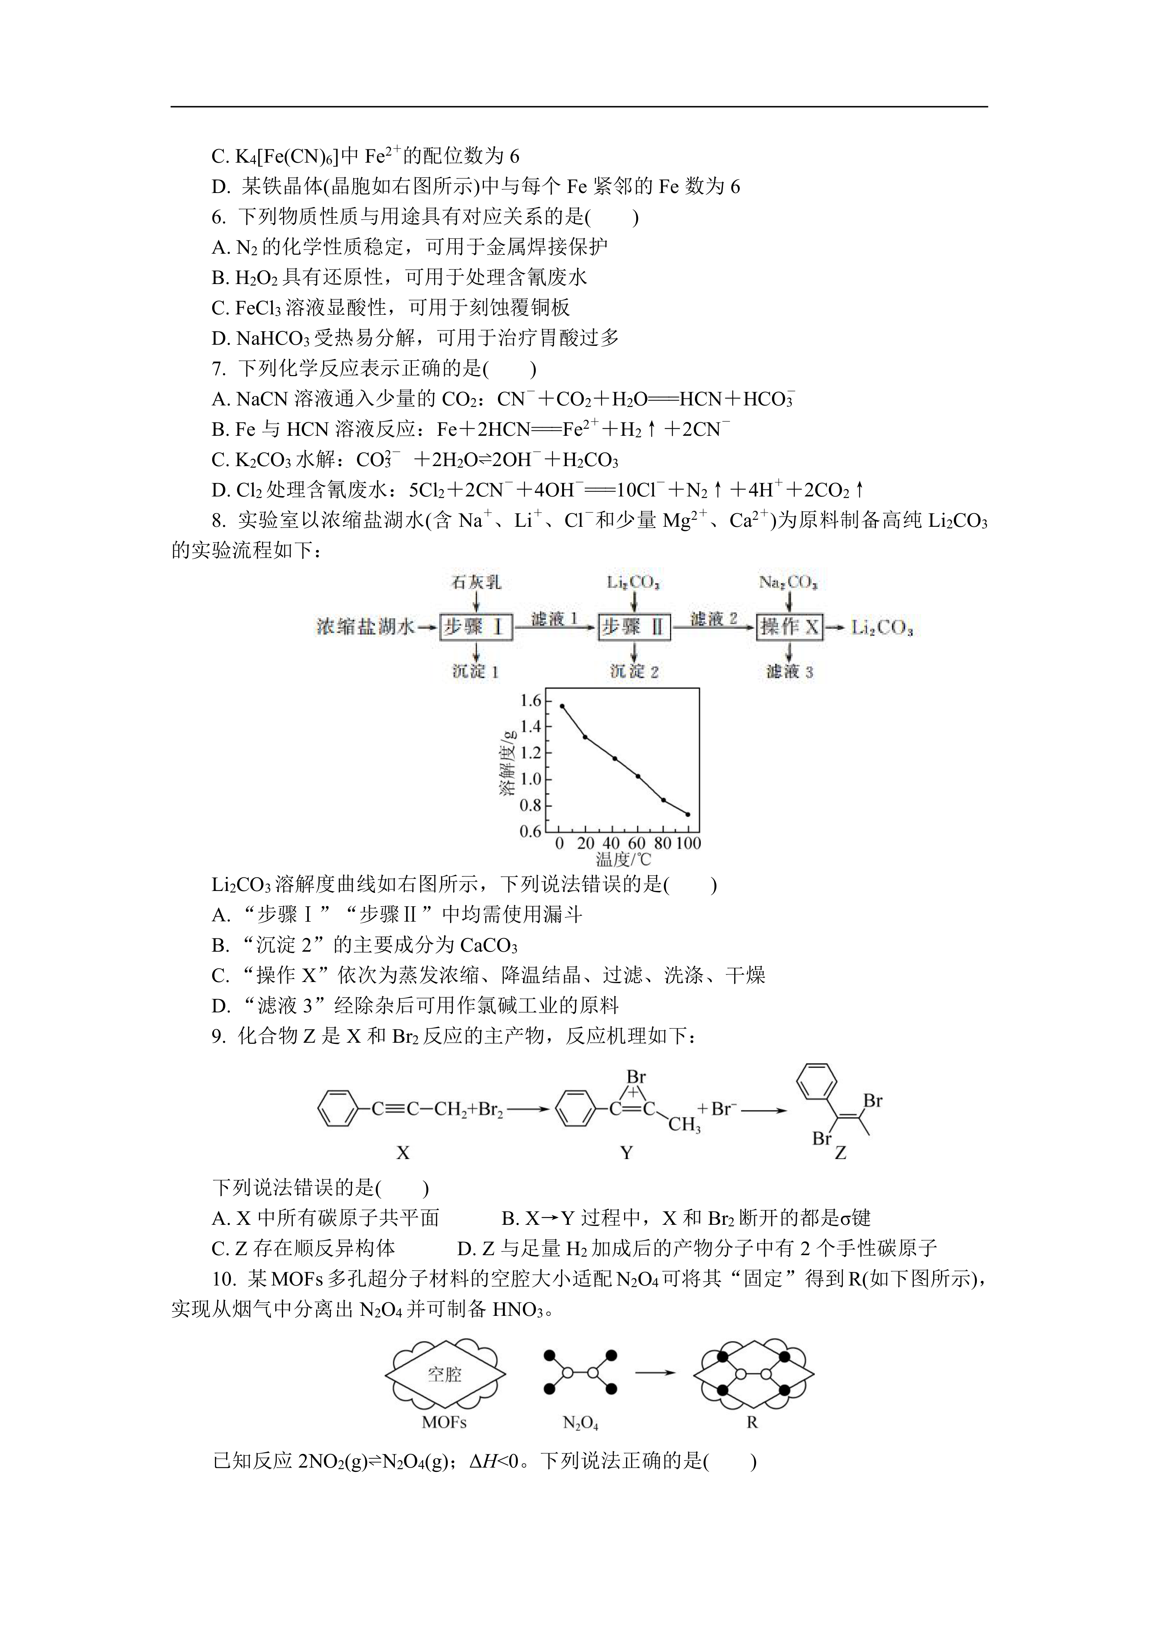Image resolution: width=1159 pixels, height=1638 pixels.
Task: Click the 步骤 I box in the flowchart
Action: [475, 627]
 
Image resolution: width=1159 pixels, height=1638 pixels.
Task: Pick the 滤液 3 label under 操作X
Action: [789, 671]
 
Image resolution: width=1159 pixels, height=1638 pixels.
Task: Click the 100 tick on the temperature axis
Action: [688, 843]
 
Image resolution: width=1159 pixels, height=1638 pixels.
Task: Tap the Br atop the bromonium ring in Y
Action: [636, 1077]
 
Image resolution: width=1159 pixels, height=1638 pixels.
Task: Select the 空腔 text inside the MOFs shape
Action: [445, 1374]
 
